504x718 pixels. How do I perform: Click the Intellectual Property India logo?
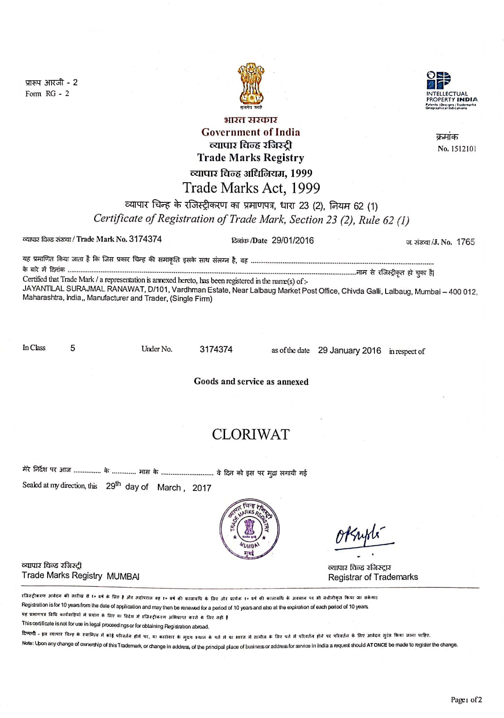tap(451, 89)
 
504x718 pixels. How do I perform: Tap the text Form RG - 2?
tap(47, 94)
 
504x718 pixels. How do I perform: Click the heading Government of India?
tap(251, 132)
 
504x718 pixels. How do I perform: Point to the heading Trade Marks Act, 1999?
tap(251, 188)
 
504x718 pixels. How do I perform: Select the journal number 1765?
tap(465, 242)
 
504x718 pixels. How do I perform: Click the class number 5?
tap(73, 348)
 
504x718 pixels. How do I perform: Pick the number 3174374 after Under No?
tap(216, 350)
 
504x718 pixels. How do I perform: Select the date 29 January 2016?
tap(349, 350)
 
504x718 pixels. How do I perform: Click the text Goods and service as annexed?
tap(251, 381)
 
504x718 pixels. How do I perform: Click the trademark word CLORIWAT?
tap(251, 434)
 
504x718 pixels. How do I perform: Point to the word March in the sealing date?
tap(169, 488)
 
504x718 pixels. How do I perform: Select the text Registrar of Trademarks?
tap(373, 577)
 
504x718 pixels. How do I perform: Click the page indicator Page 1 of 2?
tap(466, 700)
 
